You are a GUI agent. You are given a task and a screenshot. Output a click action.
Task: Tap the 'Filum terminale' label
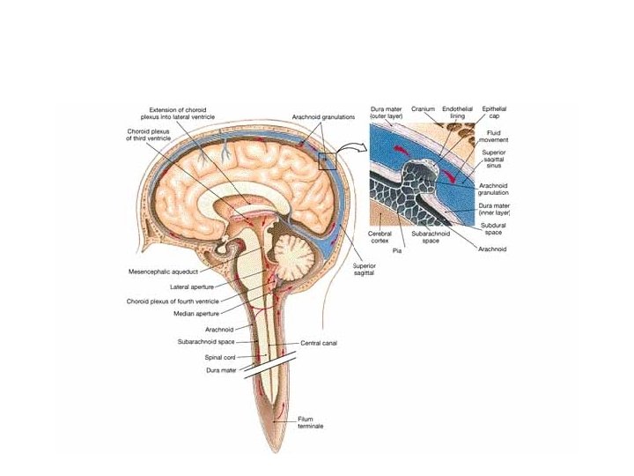coord(285,424)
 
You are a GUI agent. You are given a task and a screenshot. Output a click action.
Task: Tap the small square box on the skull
coord(328,160)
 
